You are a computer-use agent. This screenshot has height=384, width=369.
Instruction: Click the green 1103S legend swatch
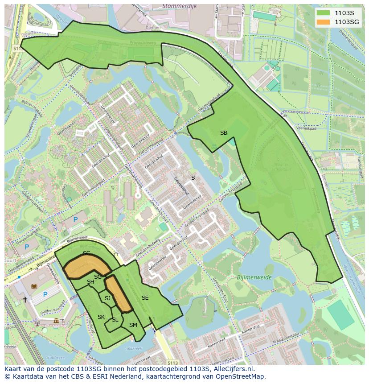click(x=324, y=13)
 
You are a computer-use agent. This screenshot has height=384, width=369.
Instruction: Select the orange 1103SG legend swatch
click(x=324, y=22)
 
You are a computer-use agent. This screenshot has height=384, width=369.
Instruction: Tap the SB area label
click(x=224, y=133)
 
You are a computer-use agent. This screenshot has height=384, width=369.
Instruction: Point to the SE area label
click(x=145, y=297)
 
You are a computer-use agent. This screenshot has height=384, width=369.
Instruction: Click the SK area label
click(x=101, y=317)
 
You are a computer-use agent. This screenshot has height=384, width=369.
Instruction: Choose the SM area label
click(x=133, y=325)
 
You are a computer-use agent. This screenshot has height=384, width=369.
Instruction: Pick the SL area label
click(x=115, y=320)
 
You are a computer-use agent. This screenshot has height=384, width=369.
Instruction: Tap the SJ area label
click(x=107, y=298)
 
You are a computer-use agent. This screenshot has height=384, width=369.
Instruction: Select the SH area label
click(x=90, y=282)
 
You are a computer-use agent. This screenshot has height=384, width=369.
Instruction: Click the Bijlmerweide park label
click(x=243, y=277)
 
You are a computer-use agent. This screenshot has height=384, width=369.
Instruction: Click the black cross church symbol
click(x=25, y=300)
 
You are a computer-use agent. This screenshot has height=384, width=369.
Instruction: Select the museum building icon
click(x=56, y=321)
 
